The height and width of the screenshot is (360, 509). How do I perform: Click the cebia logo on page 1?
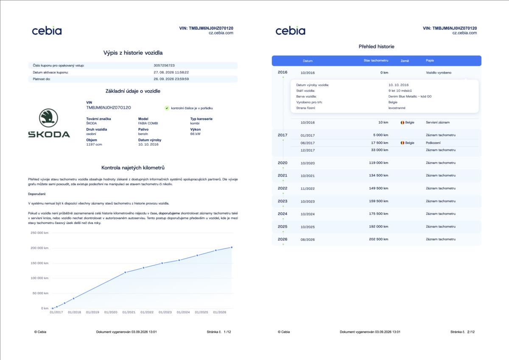coord(47,31)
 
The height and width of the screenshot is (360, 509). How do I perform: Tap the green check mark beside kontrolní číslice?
coord(167,108)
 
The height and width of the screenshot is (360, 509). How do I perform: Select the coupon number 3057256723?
coord(164,65)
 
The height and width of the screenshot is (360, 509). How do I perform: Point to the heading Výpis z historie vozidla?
coord(133,53)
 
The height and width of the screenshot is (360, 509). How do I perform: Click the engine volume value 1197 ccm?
coord(94,144)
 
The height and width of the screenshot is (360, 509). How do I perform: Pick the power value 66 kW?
coord(195,134)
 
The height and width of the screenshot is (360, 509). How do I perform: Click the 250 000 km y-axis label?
coord(39,233)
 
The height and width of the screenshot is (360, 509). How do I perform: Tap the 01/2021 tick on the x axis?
coord(129,312)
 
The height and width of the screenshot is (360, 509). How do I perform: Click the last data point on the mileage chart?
coord(232,247)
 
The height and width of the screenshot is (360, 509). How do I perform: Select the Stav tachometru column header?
coord(376,60)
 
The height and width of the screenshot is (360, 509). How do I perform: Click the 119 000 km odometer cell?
coord(378,163)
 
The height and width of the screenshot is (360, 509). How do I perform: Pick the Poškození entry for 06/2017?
coord(433,143)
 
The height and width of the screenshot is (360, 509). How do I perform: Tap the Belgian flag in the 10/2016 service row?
coord(402,122)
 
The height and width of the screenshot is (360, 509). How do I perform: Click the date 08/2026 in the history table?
coord(308,239)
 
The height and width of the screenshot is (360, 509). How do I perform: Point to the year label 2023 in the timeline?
coord(282,201)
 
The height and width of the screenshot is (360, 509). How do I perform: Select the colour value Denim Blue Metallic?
coord(403,96)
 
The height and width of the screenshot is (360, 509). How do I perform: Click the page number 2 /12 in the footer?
coord(471,332)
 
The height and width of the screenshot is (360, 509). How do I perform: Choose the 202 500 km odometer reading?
coord(378,239)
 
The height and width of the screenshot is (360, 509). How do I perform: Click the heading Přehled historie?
coord(376,47)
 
